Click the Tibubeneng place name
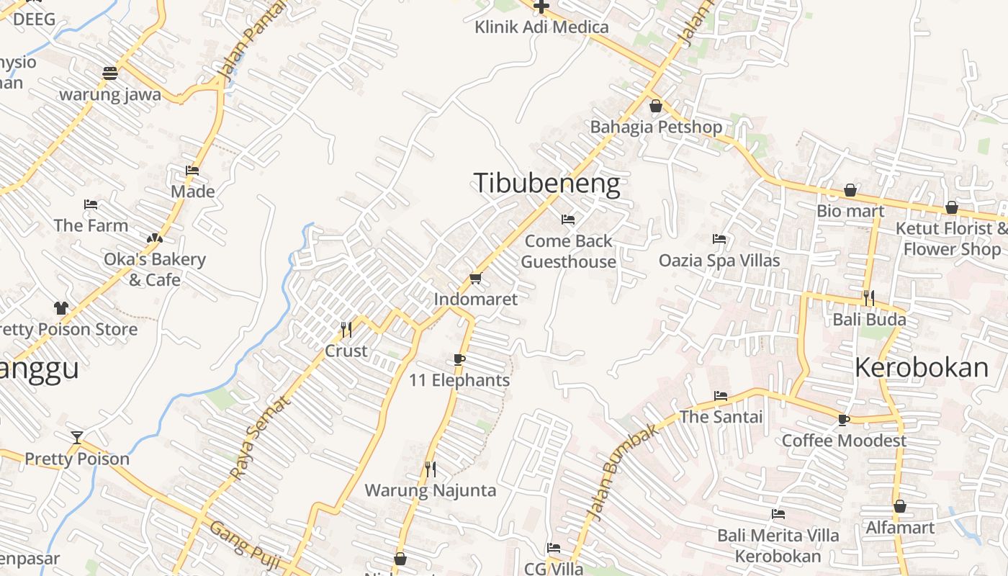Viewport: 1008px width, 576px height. (546, 184)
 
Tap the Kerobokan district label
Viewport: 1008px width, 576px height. (922, 368)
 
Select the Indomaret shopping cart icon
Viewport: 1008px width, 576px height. (474, 279)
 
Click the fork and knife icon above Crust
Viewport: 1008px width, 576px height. (346, 330)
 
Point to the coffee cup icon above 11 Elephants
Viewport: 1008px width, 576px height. (459, 359)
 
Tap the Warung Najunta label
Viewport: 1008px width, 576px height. (431, 491)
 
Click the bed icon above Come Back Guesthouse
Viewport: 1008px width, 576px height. (568, 220)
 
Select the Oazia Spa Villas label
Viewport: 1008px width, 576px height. (719, 260)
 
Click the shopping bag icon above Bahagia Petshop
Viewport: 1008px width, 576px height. (656, 107)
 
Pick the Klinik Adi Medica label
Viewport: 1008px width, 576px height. (541, 27)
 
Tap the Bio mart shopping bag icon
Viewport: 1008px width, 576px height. (850, 191)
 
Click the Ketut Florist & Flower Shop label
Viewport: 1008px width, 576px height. (951, 239)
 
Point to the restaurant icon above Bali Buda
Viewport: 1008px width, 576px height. (869, 298)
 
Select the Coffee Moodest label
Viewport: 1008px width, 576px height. (844, 441)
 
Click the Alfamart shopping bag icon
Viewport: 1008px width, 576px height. (900, 506)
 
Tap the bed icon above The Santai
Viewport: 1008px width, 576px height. (721, 396)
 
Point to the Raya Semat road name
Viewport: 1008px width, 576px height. (261, 437)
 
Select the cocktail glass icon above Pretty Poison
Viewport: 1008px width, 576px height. (77, 437)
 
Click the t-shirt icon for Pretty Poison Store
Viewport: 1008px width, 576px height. (61, 308)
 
